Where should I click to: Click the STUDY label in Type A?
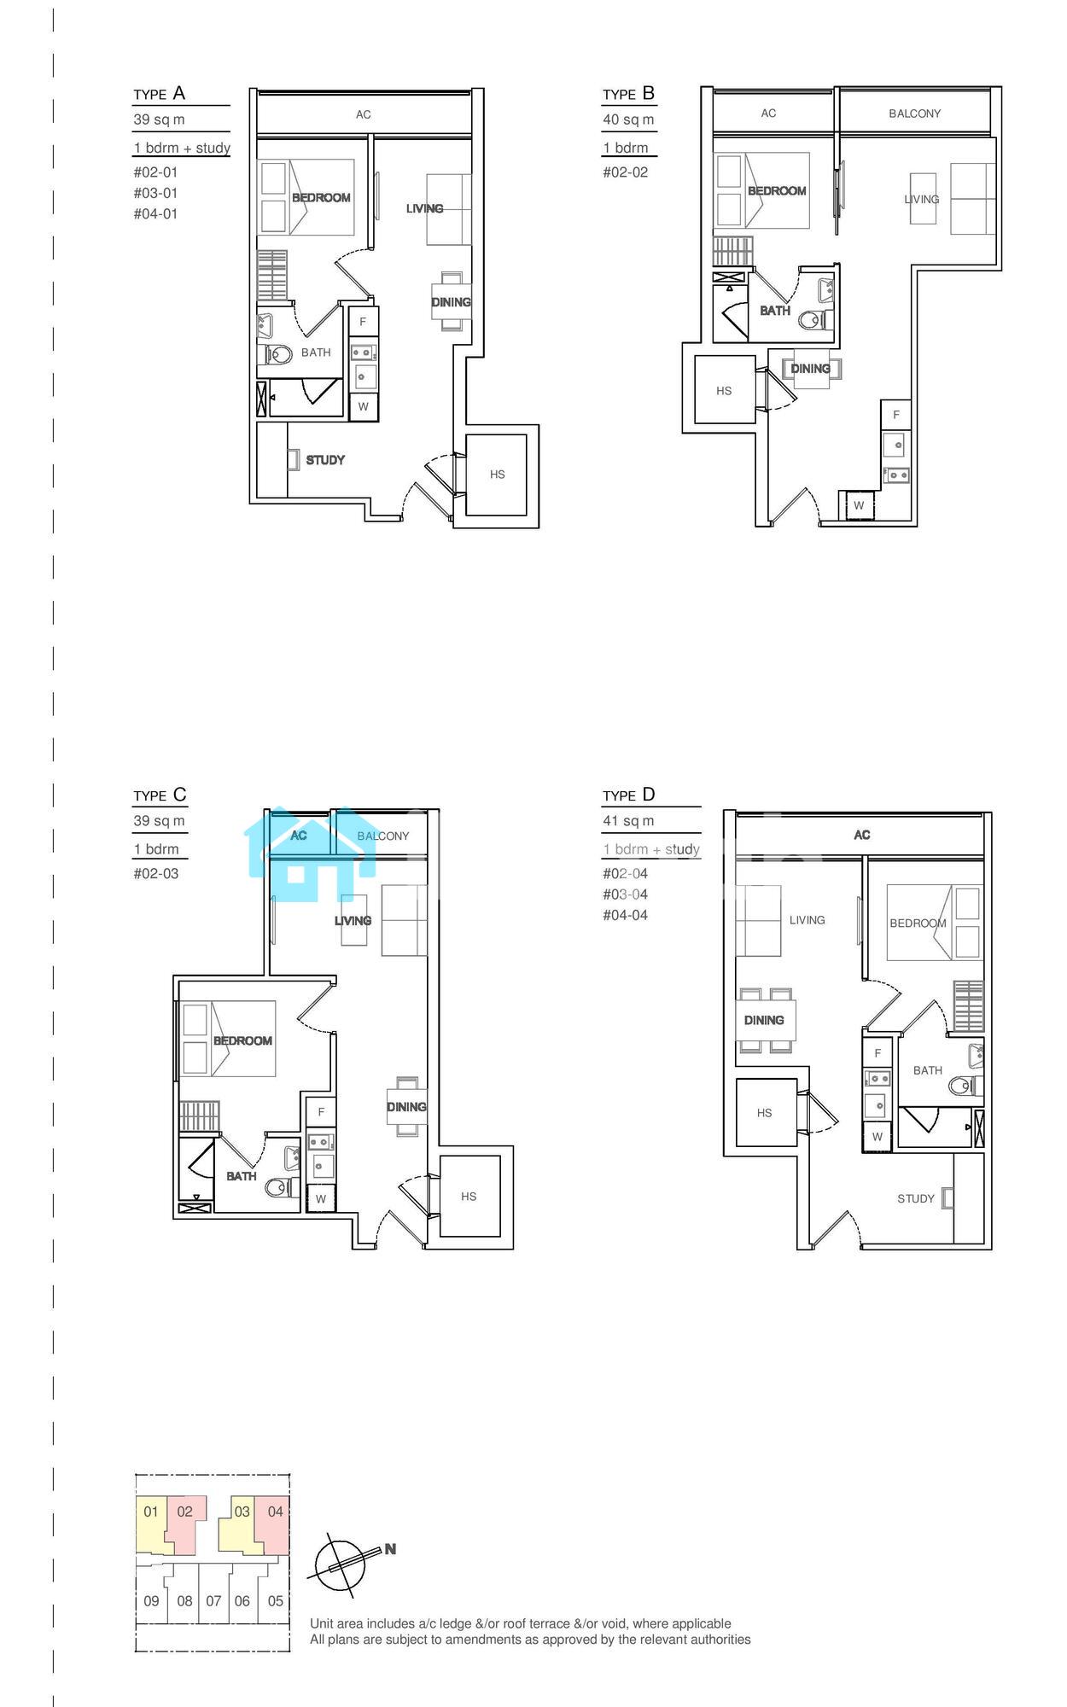pos(325,460)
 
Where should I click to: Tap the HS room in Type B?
pos(725,390)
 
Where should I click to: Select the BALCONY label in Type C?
pos(383,836)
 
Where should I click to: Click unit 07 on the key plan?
pos(213,1601)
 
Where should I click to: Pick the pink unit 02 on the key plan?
pos(185,1523)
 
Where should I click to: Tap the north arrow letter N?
pos(390,1549)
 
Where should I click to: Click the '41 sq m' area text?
pos(628,821)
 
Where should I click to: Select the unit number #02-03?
pos(156,874)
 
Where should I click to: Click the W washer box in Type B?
pos(859,505)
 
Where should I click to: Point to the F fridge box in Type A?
pos(363,322)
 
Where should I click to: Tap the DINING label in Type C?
pos(406,1107)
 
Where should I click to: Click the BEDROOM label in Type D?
pos(918,923)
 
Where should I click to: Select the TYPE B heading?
pos(628,94)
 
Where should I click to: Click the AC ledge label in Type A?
pos(364,114)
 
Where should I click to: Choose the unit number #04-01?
pos(155,214)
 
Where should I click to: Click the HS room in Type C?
pos(469,1196)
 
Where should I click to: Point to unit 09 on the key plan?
pos(151,1601)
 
